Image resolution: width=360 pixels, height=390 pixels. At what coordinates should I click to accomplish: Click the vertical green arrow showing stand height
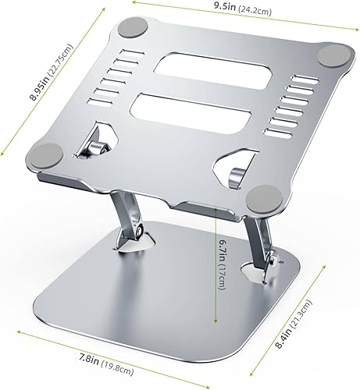point(215,264)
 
